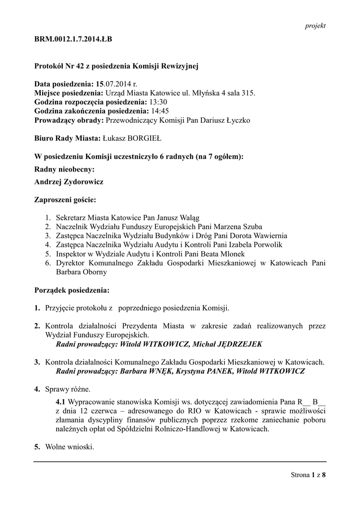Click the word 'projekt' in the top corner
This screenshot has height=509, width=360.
pos(315,26)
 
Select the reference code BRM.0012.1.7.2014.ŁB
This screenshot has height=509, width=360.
pos(73,39)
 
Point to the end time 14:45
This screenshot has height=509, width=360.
pos(160,111)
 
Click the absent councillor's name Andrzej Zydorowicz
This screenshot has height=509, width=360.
pos(69,182)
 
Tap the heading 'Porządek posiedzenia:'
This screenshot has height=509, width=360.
pos(72,290)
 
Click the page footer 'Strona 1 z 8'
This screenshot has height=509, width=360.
pos(308,475)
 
